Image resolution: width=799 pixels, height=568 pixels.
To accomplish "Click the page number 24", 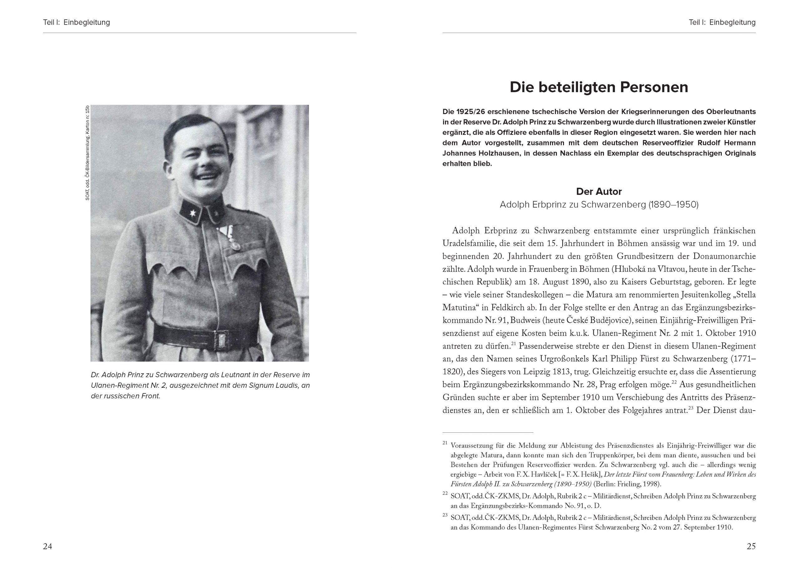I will coord(47,546).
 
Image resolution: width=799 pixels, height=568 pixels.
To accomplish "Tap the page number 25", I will coord(751,546).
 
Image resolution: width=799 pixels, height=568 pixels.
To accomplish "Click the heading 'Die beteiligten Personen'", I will coord(599,87).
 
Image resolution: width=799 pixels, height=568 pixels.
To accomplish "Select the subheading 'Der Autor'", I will coord(599,192).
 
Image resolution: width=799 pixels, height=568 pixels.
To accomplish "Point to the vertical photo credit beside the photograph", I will coord(87,153).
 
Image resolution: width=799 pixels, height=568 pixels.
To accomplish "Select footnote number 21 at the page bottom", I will coord(445,443).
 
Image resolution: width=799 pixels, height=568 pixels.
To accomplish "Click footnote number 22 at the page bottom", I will coord(445,494).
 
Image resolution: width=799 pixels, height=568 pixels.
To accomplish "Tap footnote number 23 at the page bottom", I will coord(445,515).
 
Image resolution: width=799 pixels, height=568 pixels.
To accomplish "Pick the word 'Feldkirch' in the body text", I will coord(509,308).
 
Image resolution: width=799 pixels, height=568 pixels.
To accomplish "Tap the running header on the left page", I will coord(76,22).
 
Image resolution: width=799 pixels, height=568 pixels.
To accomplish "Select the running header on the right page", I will coord(722,22).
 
